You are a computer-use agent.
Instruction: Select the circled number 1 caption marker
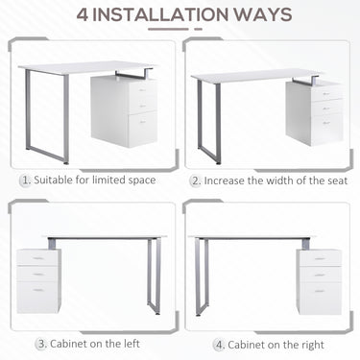click(25, 180)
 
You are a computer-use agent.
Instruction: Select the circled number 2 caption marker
click(196, 180)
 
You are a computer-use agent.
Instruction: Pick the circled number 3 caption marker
click(42, 343)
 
